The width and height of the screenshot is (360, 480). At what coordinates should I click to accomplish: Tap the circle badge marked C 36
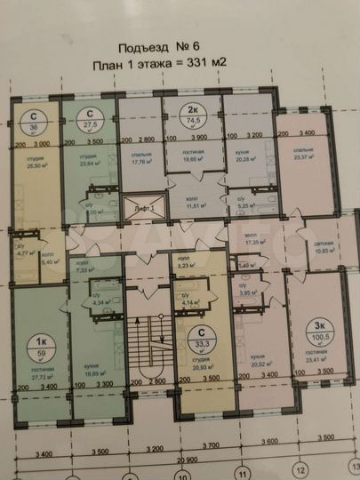click(x=33, y=121)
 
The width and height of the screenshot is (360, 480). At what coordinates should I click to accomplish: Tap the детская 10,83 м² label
click(x=326, y=249)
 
